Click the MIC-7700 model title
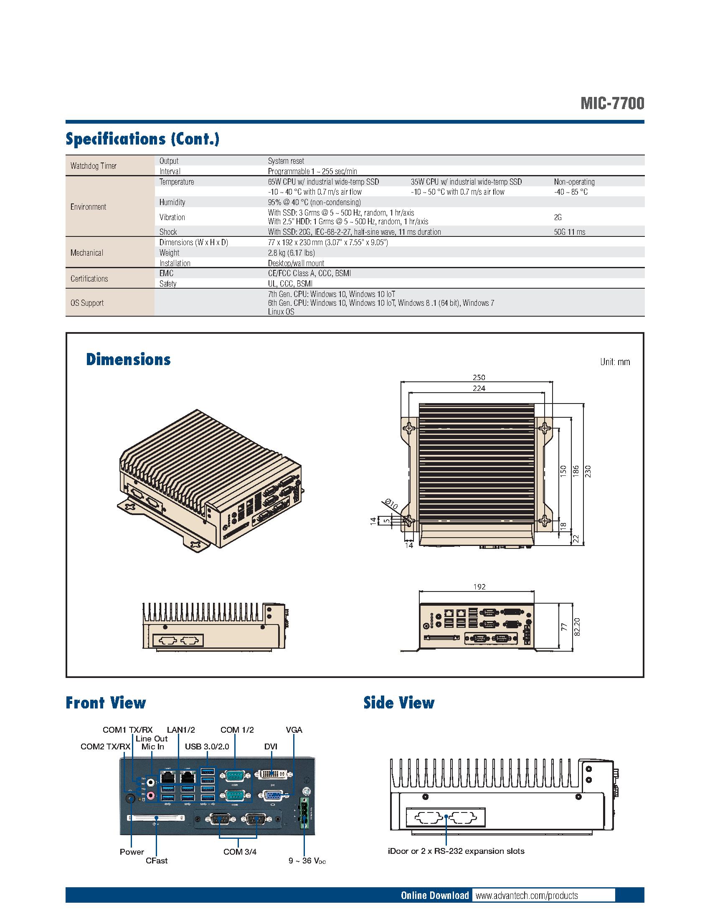pos(612,104)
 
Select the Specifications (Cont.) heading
pos(142,139)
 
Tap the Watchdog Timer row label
pos(94,166)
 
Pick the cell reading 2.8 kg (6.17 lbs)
pos(291,252)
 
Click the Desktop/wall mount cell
pos(296,263)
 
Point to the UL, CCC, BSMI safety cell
pos(290,284)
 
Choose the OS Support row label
pos(87,302)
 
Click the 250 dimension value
pos(479,378)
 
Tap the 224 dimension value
pos(479,388)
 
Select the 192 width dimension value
pos(479,586)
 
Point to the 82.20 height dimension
pos(577,627)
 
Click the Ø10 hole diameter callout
pos(391,505)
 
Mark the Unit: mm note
pos(615,362)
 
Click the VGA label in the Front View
pos(294,730)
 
